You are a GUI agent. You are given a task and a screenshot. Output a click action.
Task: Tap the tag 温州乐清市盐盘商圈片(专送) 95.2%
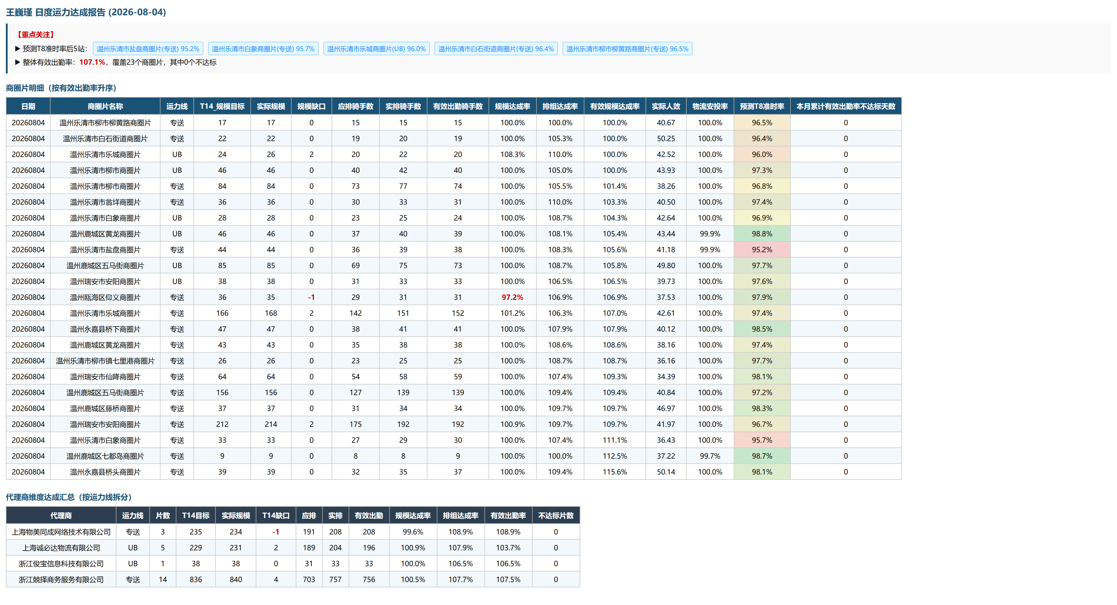pyautogui.click(x=148, y=49)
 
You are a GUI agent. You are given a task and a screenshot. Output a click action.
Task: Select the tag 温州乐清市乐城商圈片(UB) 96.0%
pyautogui.click(x=376, y=49)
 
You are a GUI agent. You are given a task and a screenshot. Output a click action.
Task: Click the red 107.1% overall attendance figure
pyautogui.click(x=92, y=62)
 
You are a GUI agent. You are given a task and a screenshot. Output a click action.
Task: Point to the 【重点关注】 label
pyautogui.click(x=36, y=35)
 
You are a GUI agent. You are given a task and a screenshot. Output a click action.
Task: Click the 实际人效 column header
pyautogui.click(x=665, y=106)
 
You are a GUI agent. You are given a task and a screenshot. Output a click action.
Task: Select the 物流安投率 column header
pyautogui.click(x=710, y=106)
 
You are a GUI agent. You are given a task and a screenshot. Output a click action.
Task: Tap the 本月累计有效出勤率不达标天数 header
pyautogui.click(x=846, y=106)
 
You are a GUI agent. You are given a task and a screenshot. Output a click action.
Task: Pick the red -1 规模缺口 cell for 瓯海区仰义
pyautogui.click(x=311, y=297)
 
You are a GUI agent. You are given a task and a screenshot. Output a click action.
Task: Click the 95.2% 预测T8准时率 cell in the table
pyautogui.click(x=762, y=249)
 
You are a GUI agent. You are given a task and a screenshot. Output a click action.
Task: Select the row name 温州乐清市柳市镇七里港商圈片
pyautogui.click(x=105, y=361)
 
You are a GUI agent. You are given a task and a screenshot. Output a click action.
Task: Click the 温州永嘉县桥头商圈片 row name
pyautogui.click(x=105, y=472)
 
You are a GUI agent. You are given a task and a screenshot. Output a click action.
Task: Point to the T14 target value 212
pyautogui.click(x=222, y=424)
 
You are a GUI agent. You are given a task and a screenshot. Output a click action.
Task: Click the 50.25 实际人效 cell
pyautogui.click(x=665, y=138)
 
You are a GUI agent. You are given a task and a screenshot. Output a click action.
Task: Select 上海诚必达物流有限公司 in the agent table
pyautogui.click(x=61, y=548)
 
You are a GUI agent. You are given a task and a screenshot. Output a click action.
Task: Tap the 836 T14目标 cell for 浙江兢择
pyautogui.click(x=195, y=579)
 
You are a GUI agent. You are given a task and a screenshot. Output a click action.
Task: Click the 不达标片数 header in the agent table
pyautogui.click(x=556, y=516)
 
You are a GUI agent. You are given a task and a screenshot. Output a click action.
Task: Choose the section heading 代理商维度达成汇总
pyautogui.click(x=40, y=497)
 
